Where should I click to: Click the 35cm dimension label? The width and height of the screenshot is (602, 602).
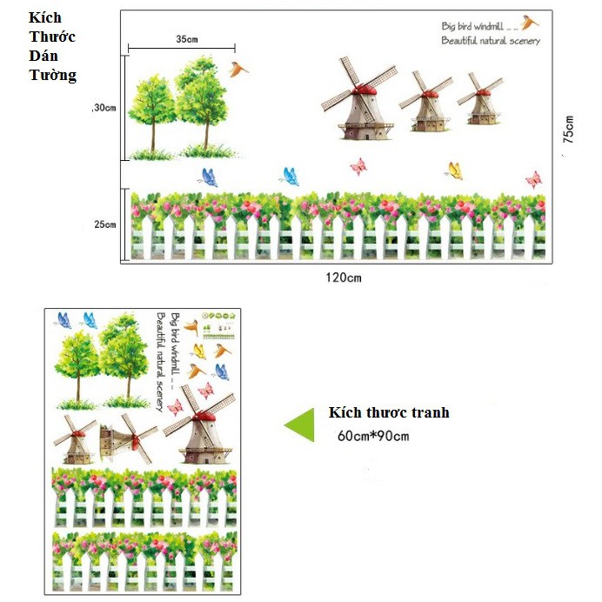click(x=186, y=39)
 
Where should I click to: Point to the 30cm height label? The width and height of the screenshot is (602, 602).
click(x=104, y=108)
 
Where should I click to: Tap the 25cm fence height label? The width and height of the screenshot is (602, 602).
click(x=104, y=224)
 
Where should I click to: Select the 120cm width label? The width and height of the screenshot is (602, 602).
click(x=343, y=278)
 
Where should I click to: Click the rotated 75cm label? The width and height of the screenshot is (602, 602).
click(x=568, y=130)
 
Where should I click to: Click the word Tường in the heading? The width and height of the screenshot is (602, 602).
click(x=52, y=76)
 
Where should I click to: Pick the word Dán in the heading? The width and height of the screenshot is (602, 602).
click(x=41, y=57)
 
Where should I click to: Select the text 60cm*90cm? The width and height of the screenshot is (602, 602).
click(x=373, y=436)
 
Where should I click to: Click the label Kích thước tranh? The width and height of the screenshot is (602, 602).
click(x=389, y=413)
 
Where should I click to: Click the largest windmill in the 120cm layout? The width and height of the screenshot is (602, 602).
click(x=359, y=100)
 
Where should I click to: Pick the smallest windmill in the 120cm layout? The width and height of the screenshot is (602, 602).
click(x=480, y=98)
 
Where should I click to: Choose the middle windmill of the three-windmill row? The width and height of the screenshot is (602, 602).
click(x=425, y=102)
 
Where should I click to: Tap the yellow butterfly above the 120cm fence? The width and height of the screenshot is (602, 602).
click(x=452, y=170)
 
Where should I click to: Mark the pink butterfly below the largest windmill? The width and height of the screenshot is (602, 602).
click(x=358, y=165)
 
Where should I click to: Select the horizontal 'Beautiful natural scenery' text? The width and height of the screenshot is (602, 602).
click(x=490, y=41)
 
